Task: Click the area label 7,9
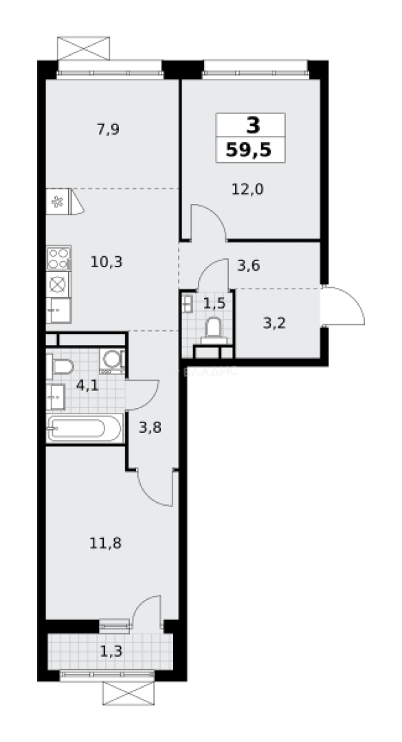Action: click(109, 128)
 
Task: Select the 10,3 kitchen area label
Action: click(107, 261)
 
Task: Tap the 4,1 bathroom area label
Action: click(87, 385)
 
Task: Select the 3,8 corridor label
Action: click(150, 427)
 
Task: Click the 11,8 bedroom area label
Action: click(106, 543)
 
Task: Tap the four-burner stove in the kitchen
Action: click(58, 258)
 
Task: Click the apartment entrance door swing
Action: click(345, 307)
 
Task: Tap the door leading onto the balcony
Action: click(146, 610)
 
